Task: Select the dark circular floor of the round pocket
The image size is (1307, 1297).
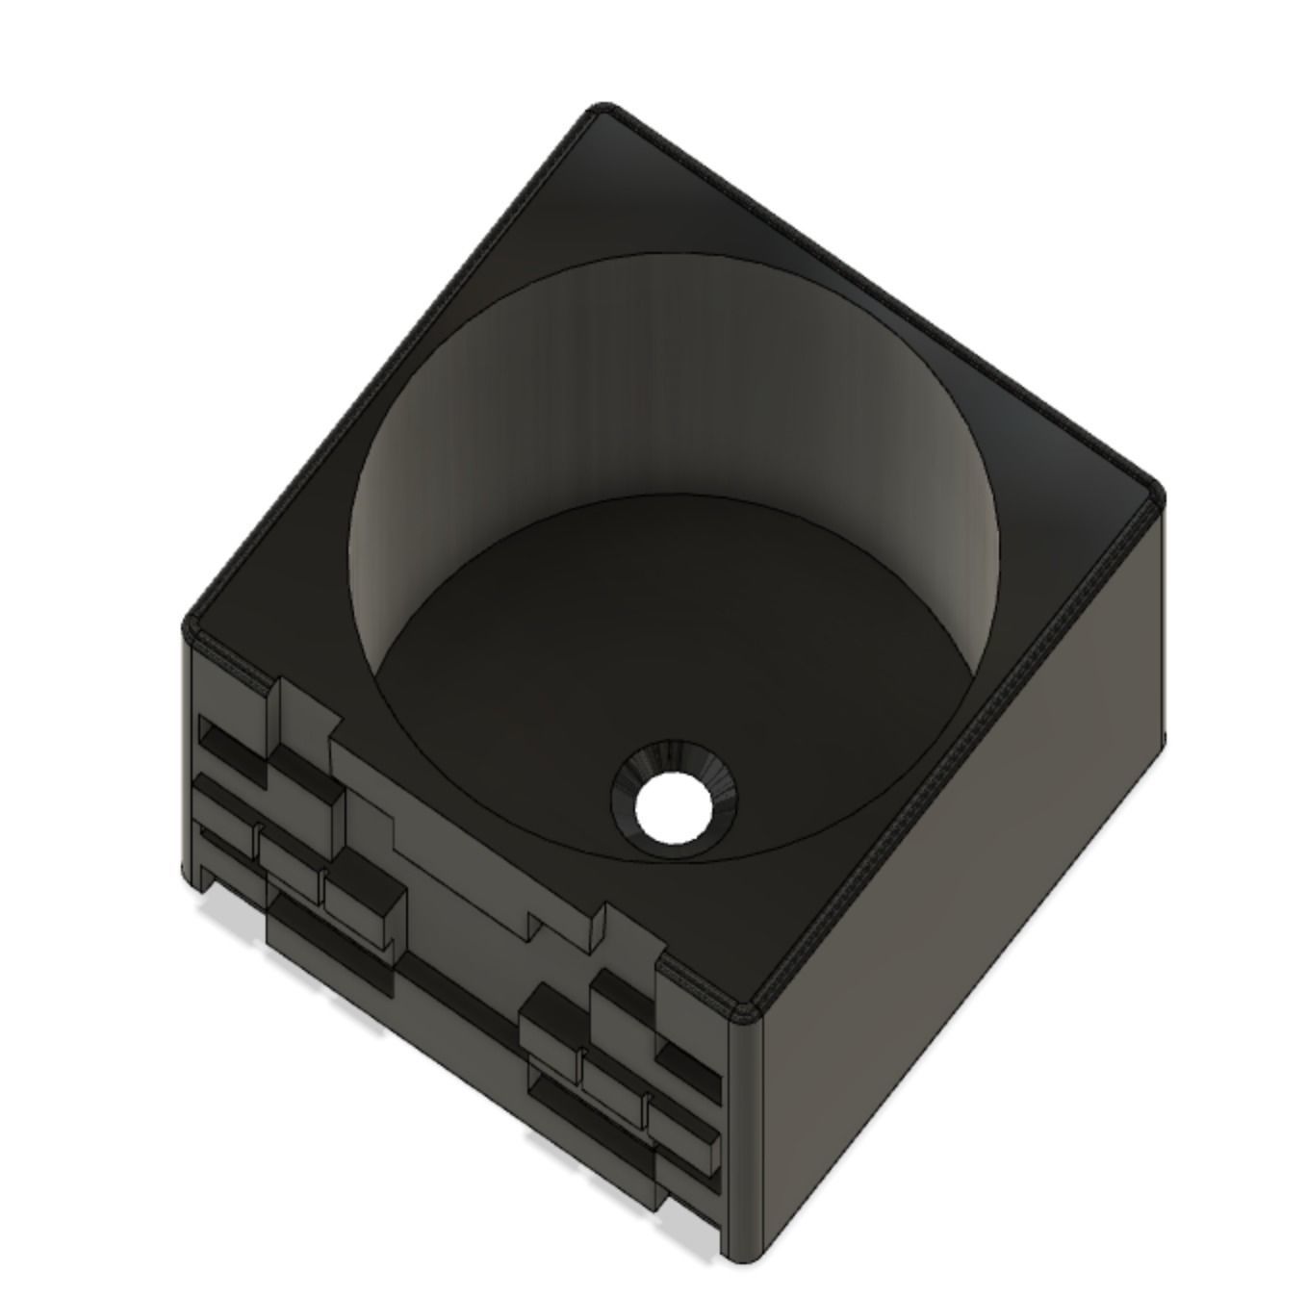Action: pyautogui.click(x=616, y=654)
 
